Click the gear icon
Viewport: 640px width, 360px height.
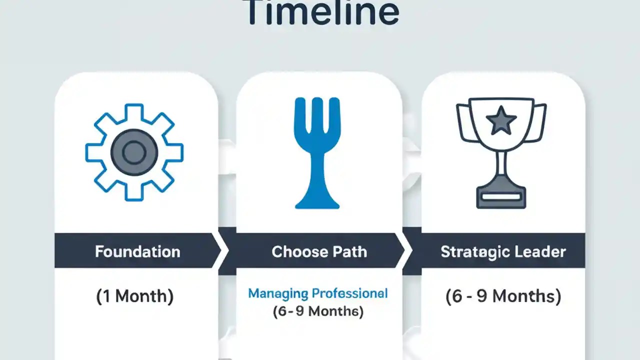(134, 152)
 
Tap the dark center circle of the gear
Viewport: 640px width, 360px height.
(134, 152)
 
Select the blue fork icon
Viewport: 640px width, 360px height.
(317, 152)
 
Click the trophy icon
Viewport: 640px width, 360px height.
(501, 152)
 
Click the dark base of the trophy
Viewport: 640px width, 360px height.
(501, 197)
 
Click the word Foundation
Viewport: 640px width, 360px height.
(137, 251)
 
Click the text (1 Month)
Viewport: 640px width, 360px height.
(134, 296)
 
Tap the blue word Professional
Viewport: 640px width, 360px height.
(349, 293)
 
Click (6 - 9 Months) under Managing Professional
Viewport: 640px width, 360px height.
(318, 311)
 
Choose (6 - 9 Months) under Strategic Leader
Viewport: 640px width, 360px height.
(503, 296)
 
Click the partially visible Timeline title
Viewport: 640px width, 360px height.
(322, 12)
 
